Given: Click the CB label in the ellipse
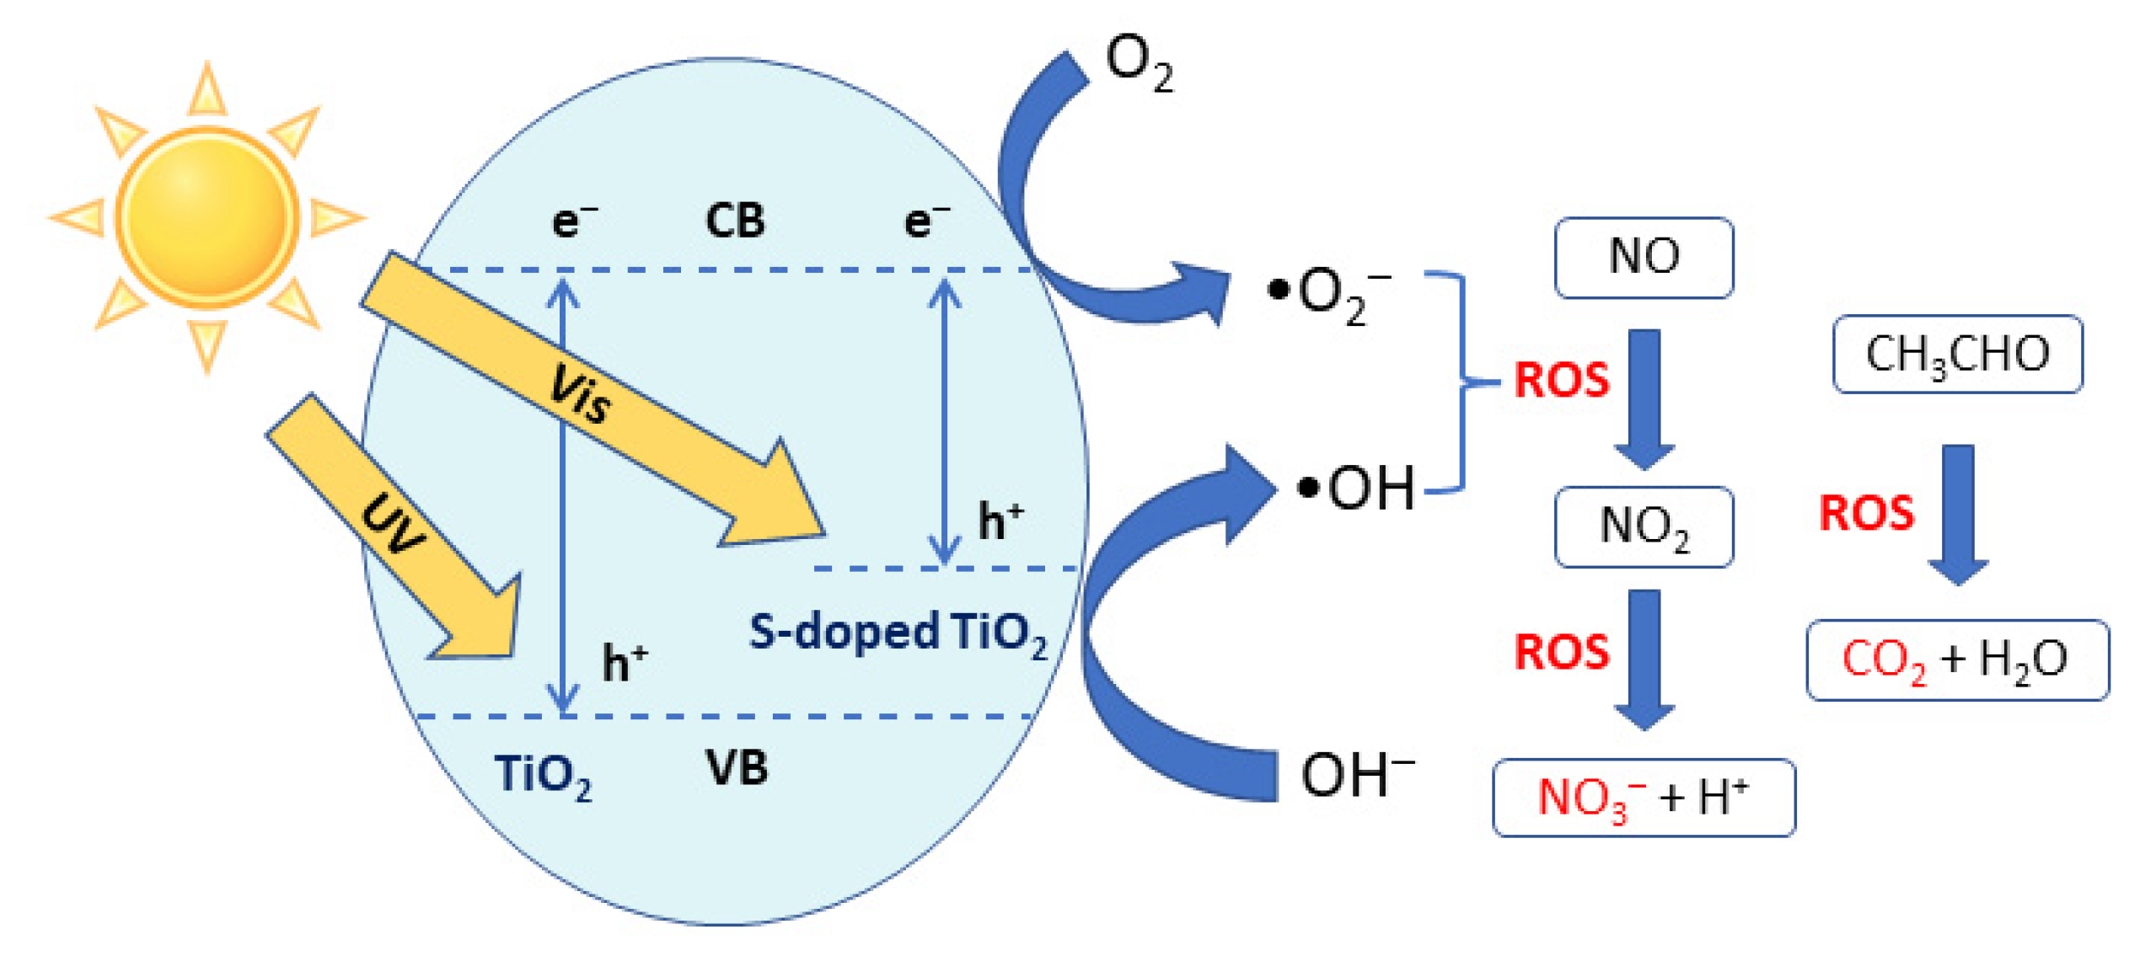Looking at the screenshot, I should pyautogui.click(x=734, y=222).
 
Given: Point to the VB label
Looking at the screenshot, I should pyautogui.click(x=736, y=768).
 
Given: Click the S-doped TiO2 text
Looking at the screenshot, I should pyautogui.click(x=898, y=632).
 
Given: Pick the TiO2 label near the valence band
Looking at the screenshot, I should pyautogui.click(x=542, y=775).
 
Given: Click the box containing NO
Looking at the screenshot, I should pyautogui.click(x=1643, y=257).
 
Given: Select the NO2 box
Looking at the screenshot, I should pyautogui.click(x=1643, y=526).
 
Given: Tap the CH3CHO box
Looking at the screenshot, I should pyautogui.click(x=1956, y=354).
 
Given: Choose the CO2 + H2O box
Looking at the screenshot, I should pyautogui.click(x=1956, y=660).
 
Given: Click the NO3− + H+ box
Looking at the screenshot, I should pyautogui.click(x=1643, y=797).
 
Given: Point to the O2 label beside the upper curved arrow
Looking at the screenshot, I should pyautogui.click(x=1138, y=63).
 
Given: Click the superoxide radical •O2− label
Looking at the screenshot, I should pyautogui.click(x=1327, y=295).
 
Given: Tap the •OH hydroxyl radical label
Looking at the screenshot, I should pyautogui.click(x=1357, y=489).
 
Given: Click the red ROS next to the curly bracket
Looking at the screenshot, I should pyautogui.click(x=1561, y=381).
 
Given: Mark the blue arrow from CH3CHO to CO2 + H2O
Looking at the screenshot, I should pyautogui.click(x=1958, y=514).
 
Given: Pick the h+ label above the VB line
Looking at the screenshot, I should pyautogui.click(x=625, y=663).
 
